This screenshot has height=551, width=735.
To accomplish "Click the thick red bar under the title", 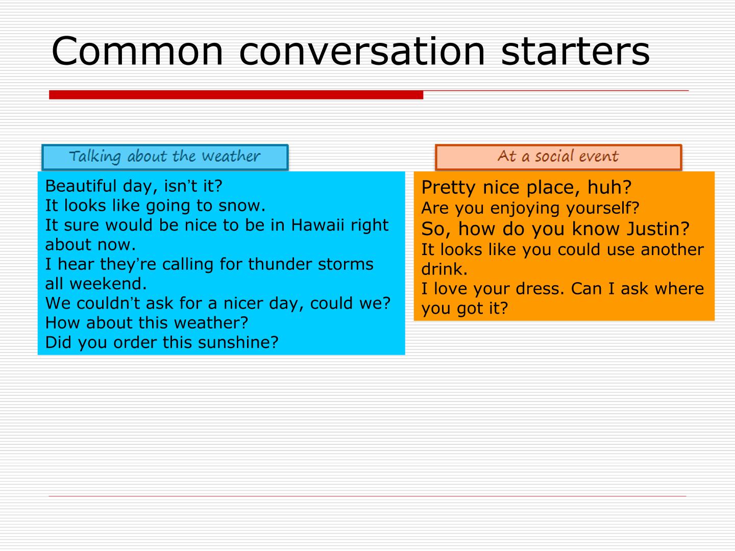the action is coord(236,95).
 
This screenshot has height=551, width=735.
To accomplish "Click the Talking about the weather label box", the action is coord(165,157).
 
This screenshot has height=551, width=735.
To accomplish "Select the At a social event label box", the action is coord(558,157).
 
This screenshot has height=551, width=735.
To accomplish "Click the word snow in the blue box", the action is coord(241,206).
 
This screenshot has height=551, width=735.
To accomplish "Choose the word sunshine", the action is coord(238,342).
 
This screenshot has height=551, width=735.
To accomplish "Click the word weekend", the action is coord(108,283).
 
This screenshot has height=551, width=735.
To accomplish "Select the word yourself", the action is coord(603,209).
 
